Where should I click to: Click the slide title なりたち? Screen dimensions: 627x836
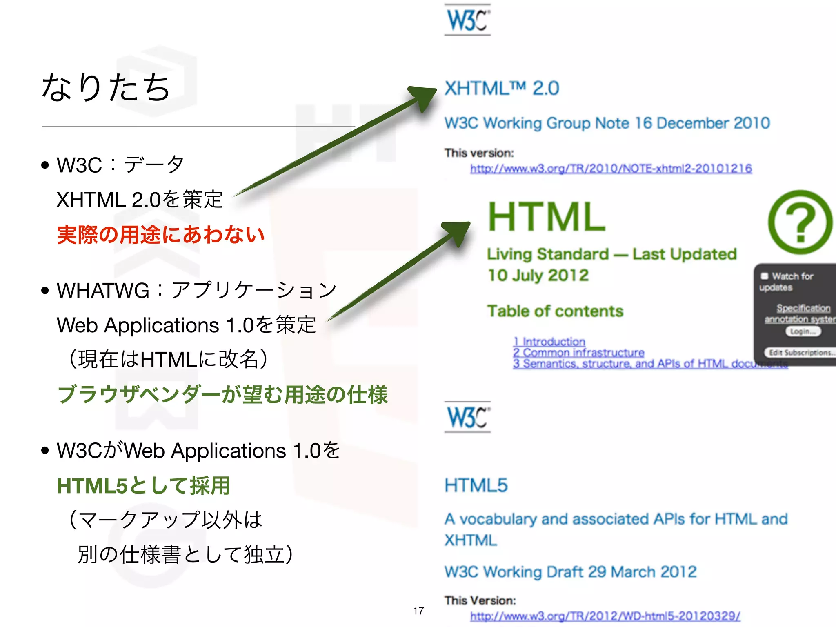coord(105,87)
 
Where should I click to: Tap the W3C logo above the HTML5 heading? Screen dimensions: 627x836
coord(467,417)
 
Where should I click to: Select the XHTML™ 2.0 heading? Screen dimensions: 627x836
coord(502,88)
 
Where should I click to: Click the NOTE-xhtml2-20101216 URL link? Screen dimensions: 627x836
coord(611,169)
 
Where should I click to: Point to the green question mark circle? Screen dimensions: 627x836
coord(800,222)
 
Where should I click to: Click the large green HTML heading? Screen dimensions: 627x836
coord(547,217)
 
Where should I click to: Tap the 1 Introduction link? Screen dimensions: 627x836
coord(549,341)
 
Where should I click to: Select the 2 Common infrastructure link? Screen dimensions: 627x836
coord(578,352)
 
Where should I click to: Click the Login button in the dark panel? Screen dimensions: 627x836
coord(803,331)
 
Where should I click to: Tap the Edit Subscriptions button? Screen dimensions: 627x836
coord(800,352)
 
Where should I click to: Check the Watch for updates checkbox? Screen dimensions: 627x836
coord(765,276)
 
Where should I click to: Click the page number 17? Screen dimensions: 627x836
coord(418,611)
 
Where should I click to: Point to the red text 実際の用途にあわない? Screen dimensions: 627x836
coord(161,235)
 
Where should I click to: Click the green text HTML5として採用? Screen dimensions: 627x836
coord(144,485)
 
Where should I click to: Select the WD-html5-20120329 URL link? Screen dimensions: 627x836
coord(605,616)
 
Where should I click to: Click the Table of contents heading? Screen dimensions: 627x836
coord(555,311)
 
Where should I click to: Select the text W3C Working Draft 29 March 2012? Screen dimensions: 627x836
coord(570,572)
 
